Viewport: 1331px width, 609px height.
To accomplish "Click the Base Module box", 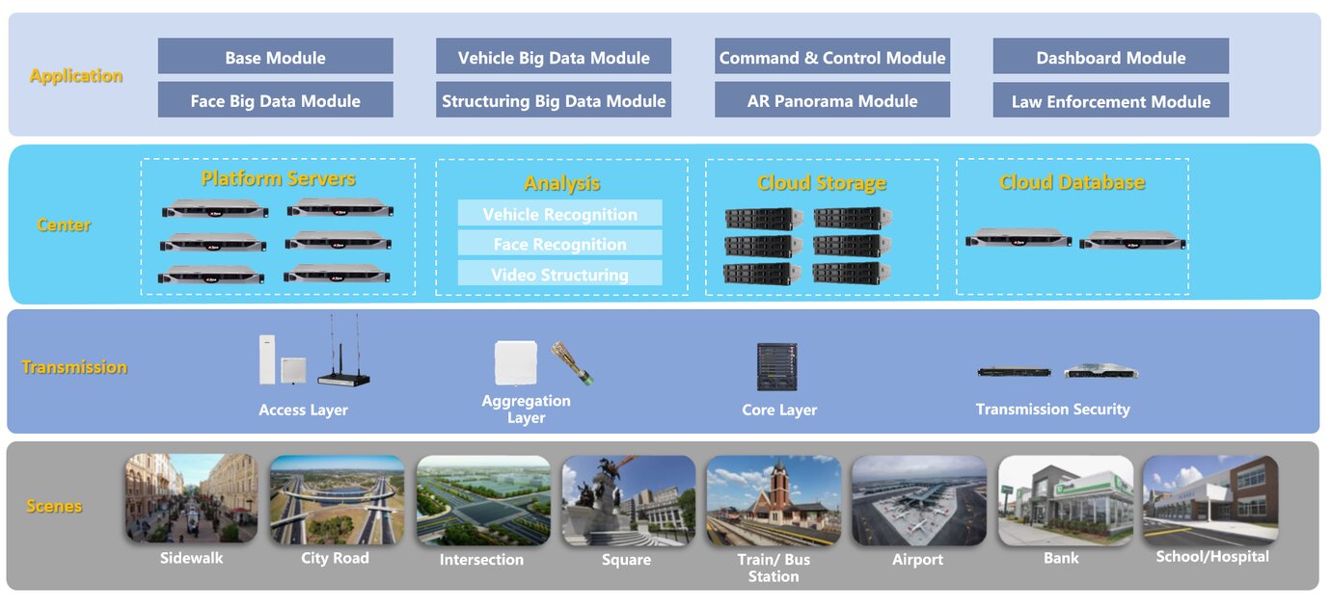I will pos(275,57).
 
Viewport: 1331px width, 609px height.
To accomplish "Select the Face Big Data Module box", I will pos(275,100).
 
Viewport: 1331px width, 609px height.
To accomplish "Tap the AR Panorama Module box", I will pos(831,100).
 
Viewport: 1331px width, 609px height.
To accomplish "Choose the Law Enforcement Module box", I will pos(1110,101).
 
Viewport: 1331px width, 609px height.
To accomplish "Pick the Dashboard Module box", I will pos(1110,57).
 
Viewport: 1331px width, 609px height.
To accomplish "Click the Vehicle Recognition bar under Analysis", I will pos(559,214).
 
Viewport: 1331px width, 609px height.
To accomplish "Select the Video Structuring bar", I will pos(559,275).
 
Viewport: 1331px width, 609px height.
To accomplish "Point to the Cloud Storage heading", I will pos(821,182).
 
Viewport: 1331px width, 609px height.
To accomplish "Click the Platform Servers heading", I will pos(278,178).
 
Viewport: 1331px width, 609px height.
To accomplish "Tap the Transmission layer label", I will pos(74,367).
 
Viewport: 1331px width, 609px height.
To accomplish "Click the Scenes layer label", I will pos(54,506).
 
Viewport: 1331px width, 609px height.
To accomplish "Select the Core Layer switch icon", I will pos(776,367).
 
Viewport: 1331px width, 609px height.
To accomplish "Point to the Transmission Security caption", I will pos(1052,410).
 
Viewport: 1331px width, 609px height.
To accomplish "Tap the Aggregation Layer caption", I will pos(526,409).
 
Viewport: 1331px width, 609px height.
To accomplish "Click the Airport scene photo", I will pos(917,500).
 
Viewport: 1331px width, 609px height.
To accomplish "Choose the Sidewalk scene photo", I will pos(191,498).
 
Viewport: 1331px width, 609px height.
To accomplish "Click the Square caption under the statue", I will pos(626,560).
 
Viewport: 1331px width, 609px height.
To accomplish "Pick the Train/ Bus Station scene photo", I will pos(773,500).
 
